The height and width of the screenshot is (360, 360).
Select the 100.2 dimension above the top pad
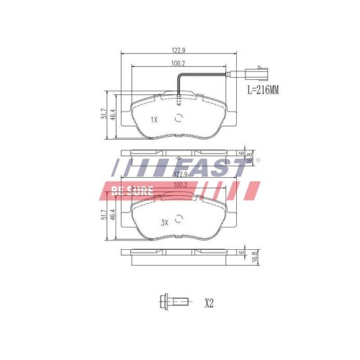[179, 64]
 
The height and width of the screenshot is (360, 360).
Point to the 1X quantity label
[153, 120]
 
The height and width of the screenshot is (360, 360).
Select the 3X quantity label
[163, 224]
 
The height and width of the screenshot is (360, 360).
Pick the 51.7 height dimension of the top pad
[104, 113]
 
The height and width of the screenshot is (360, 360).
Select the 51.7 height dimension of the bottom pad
[104, 215]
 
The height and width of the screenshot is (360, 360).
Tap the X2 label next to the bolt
[210, 303]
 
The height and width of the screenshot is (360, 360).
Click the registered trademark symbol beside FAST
[258, 160]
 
